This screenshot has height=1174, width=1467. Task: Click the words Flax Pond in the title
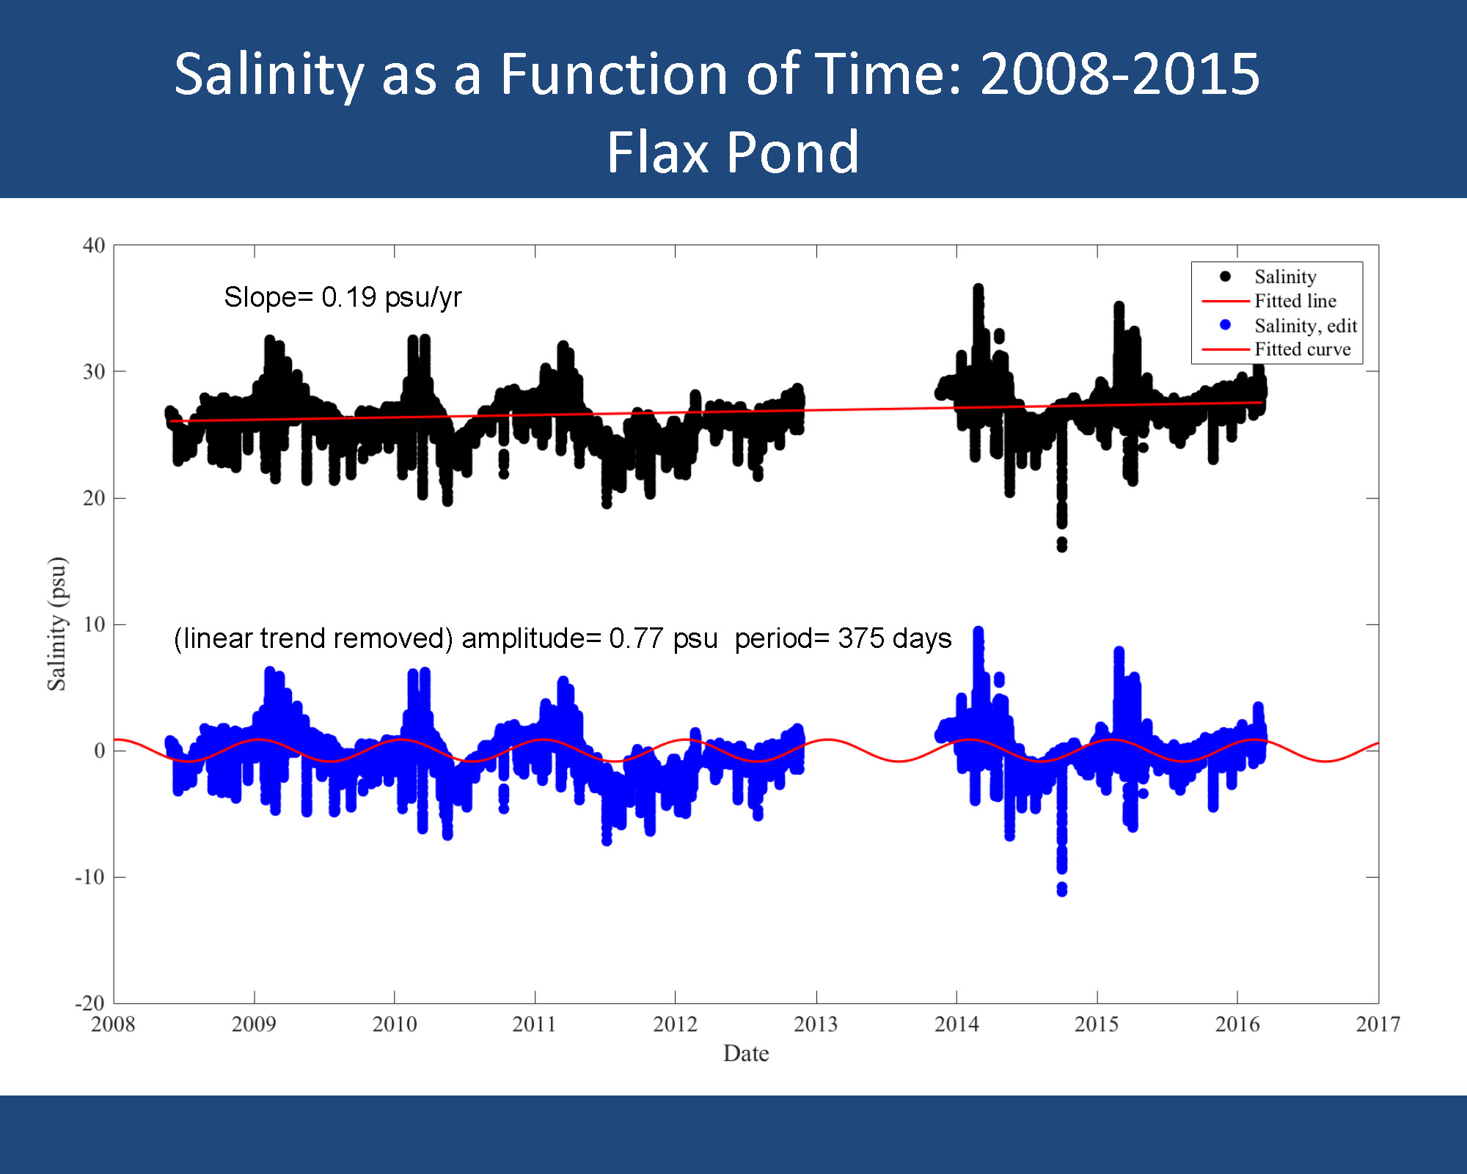point(732,152)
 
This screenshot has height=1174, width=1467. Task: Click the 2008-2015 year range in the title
point(1119,74)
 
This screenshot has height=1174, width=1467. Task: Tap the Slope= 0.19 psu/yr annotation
point(343,297)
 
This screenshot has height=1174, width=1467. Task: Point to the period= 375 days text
point(843,638)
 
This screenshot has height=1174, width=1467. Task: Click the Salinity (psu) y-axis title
point(57,624)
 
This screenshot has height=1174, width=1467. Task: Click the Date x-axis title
point(746,1054)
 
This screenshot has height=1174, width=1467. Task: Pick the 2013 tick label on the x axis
point(816,1024)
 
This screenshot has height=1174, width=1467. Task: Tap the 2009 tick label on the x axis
point(254,1024)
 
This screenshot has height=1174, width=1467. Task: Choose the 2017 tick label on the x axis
point(1378,1024)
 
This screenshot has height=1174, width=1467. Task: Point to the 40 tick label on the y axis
point(94,246)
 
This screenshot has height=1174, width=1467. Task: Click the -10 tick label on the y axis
point(90,878)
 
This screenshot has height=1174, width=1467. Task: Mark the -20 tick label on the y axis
point(90,1003)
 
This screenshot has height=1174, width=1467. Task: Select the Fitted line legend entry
point(1295,301)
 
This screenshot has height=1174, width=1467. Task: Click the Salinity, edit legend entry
point(1305,326)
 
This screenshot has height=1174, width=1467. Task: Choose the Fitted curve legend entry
point(1302,349)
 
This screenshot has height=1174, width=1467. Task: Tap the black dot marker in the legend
point(1225,277)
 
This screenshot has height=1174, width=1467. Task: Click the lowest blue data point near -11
point(1062,890)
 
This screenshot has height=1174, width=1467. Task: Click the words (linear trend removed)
point(313,638)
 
